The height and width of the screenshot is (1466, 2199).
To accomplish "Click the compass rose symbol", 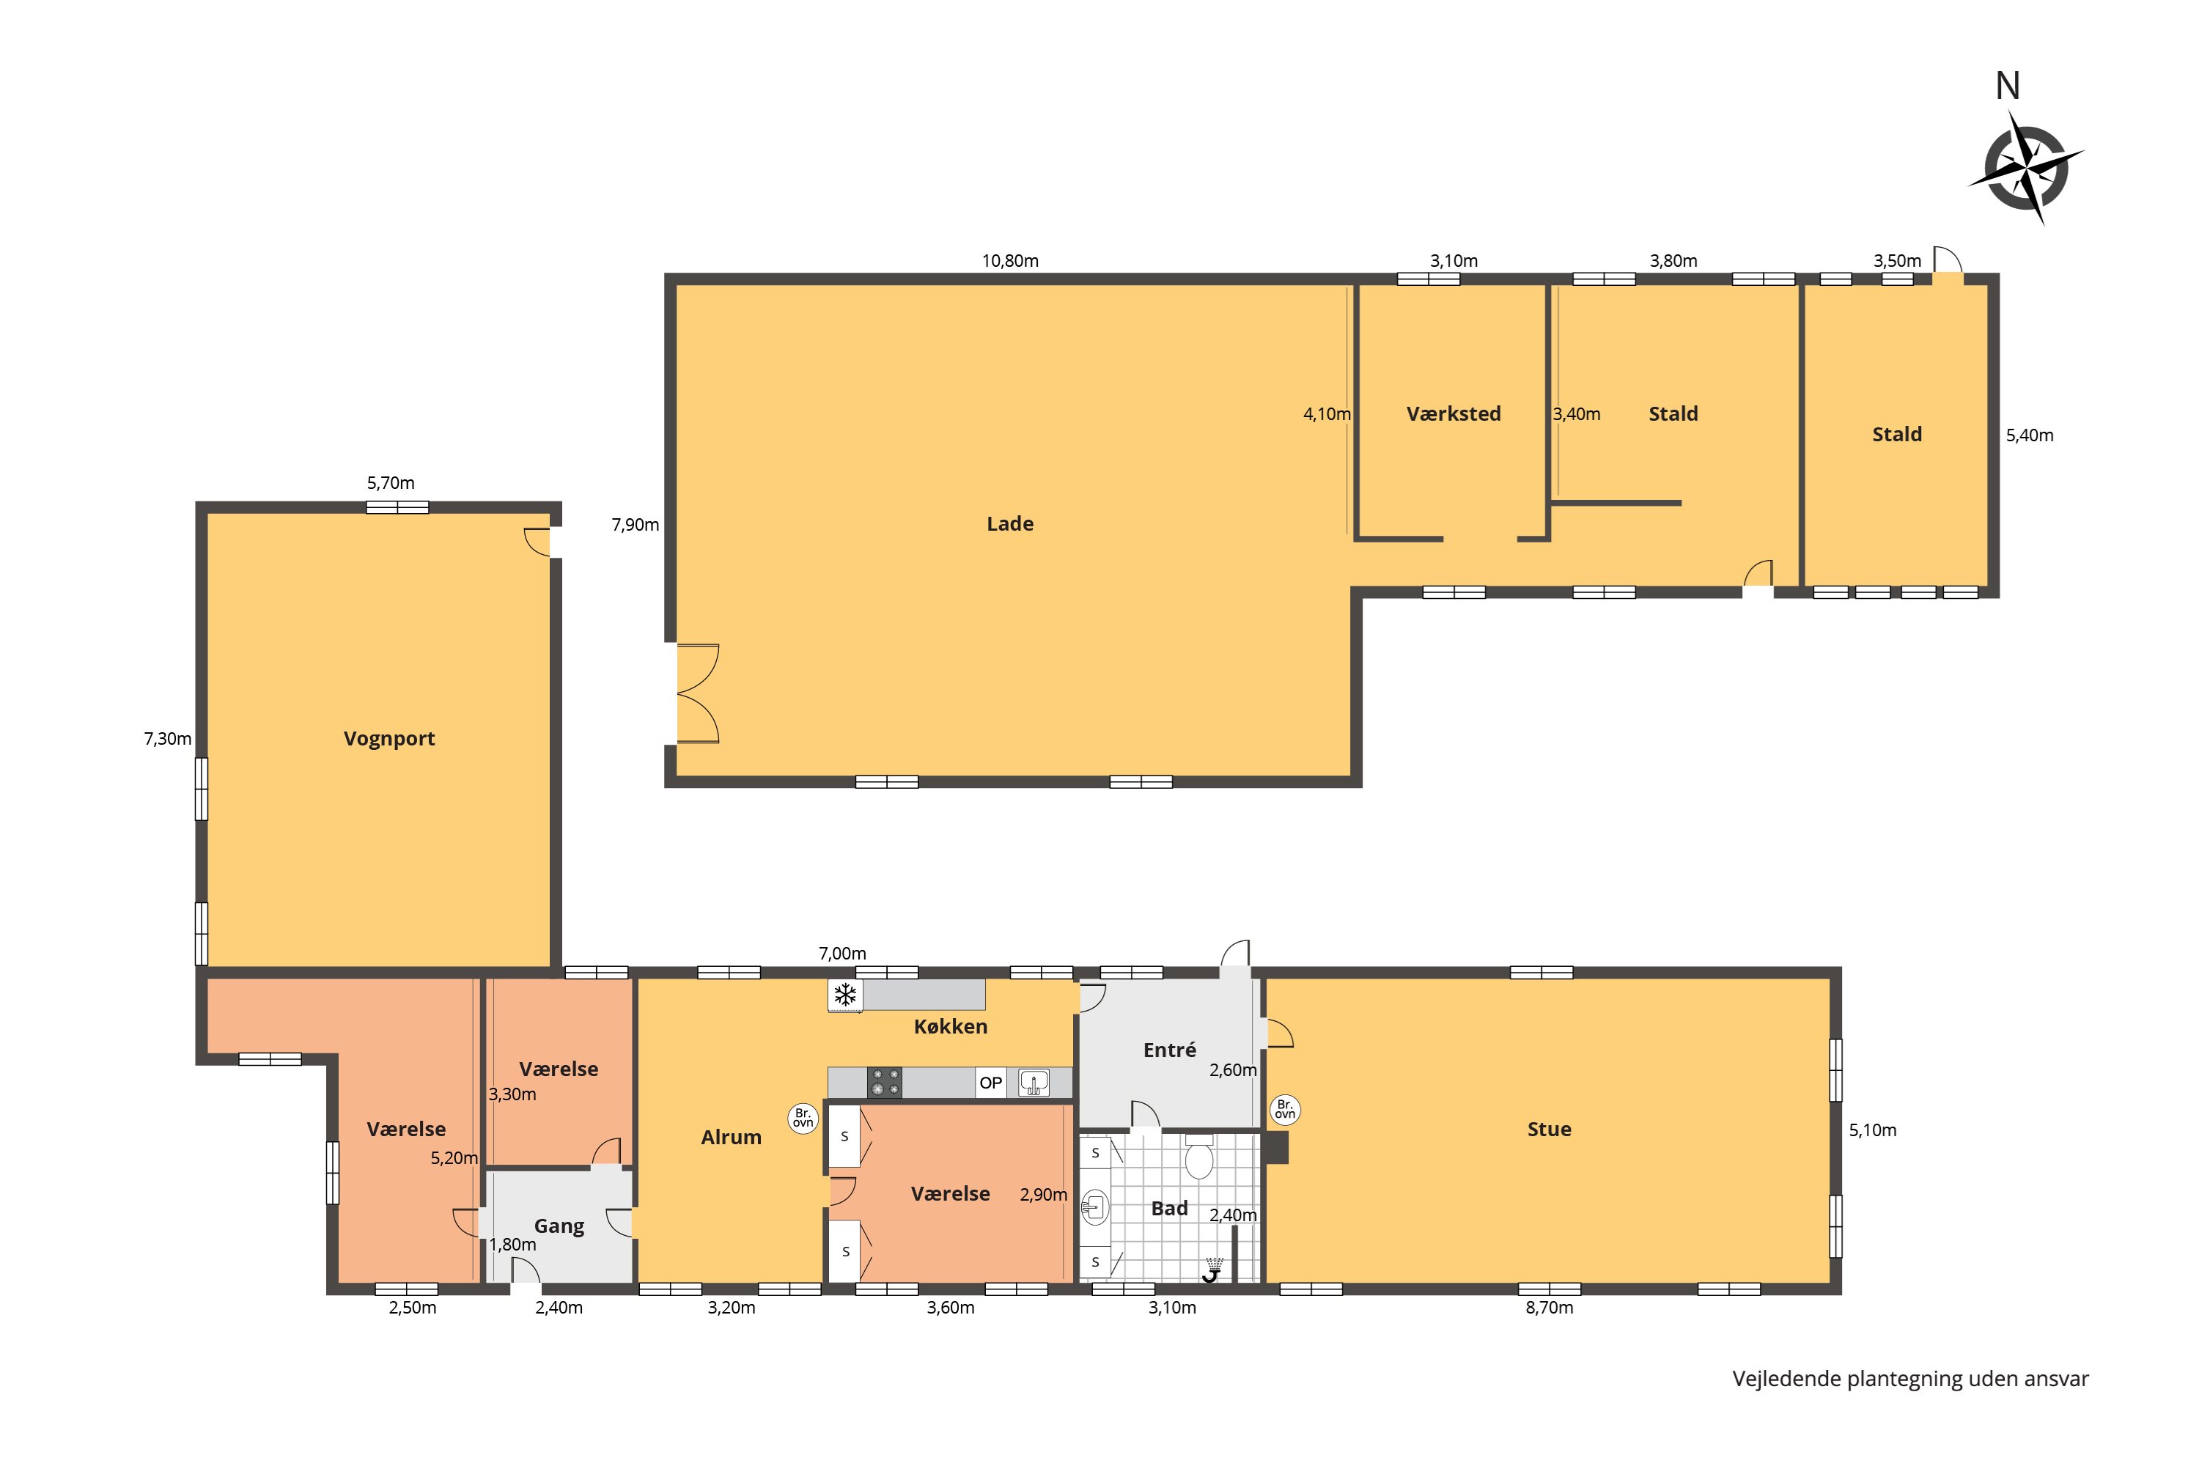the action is [x=2027, y=169].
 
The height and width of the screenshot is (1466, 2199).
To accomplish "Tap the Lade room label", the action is [x=1010, y=523].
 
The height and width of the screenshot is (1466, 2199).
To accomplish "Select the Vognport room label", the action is [x=389, y=739].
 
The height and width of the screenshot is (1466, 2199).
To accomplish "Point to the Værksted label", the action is [x=1453, y=413].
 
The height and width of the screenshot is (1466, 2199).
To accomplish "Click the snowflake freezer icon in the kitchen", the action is [x=845, y=995].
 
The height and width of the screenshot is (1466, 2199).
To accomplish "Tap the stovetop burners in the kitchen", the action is [x=885, y=1082].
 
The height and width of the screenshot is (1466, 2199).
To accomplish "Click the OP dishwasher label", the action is [x=990, y=1083].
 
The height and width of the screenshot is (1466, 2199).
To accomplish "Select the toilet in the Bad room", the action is [x=1198, y=1157].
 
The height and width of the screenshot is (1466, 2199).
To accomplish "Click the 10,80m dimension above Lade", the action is [x=1010, y=261].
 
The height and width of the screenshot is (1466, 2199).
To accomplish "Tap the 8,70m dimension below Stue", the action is [x=1550, y=1308].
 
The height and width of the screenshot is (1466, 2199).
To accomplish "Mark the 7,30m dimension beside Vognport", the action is [x=167, y=739].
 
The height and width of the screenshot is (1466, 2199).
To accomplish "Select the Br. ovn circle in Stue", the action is [x=1285, y=1110].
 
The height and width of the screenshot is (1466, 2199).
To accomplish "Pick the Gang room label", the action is [x=559, y=1226].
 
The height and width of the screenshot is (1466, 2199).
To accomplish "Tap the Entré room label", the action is [x=1170, y=1050].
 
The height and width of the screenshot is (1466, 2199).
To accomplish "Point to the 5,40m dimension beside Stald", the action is [x=2030, y=435].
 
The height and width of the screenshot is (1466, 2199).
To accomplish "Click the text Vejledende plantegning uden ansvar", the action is [x=1910, y=1379].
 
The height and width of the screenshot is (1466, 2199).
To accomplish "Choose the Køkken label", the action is [x=950, y=1027].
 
